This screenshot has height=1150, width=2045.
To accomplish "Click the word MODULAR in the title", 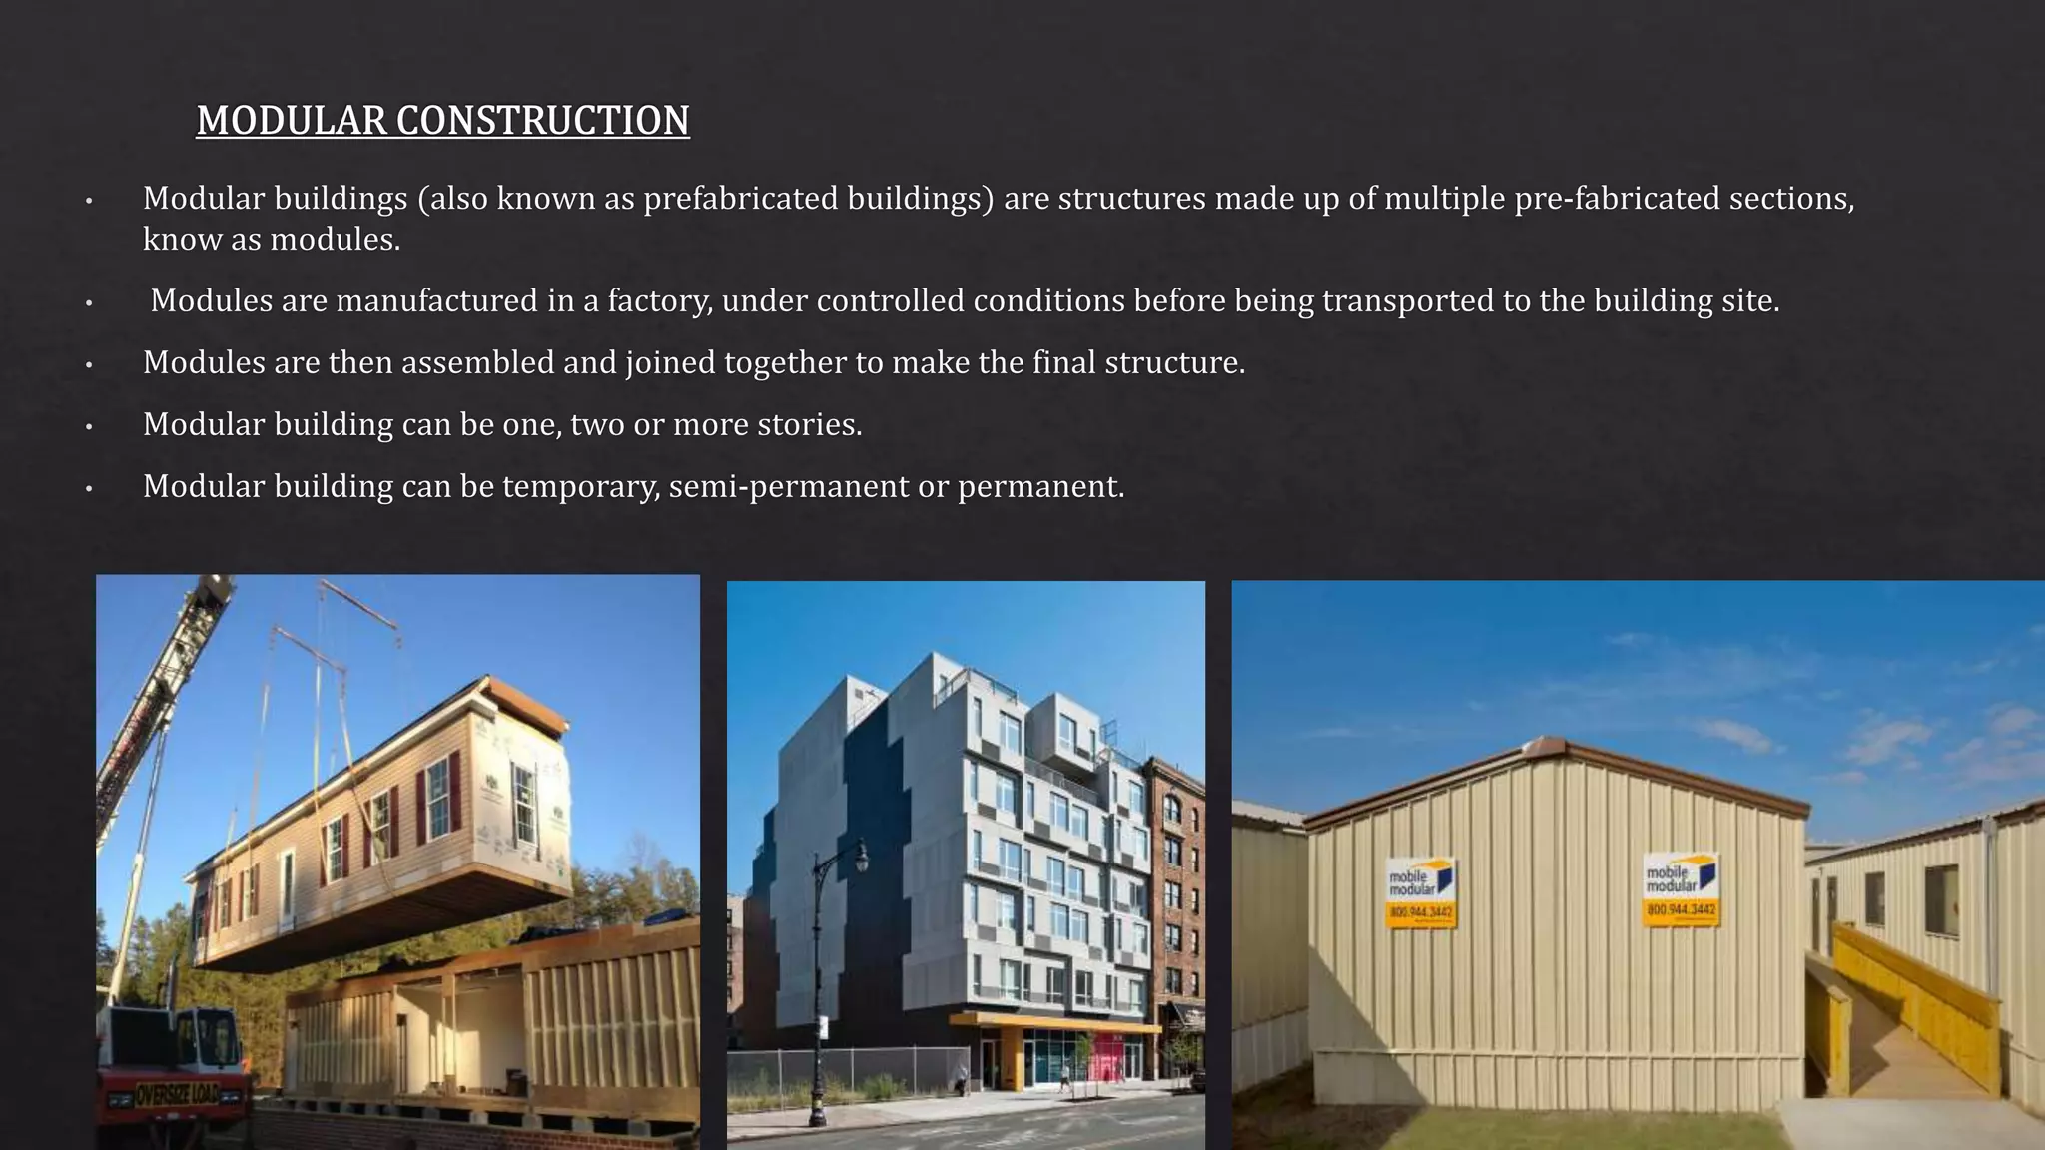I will click(291, 121).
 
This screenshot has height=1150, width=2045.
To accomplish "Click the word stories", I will click(809, 424).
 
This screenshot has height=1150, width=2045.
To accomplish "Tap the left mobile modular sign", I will click(1420, 892).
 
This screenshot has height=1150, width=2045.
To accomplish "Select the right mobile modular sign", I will click(1682, 888).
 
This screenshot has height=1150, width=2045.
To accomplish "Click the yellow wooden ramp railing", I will click(1917, 988).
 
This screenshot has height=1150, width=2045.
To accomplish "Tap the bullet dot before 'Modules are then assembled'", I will click(89, 365).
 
